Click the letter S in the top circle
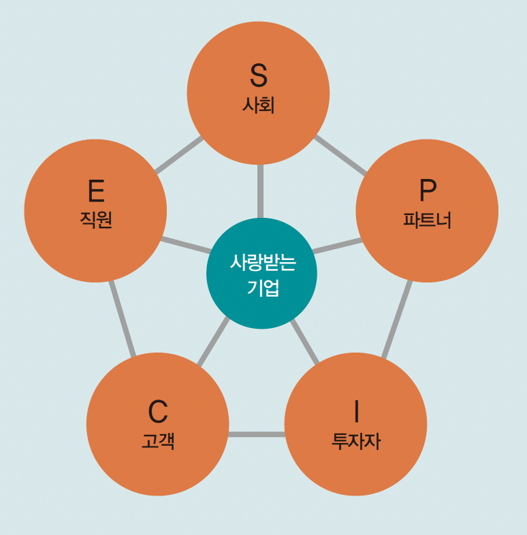click(x=258, y=76)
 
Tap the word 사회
click(x=258, y=106)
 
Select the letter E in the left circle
click(x=96, y=191)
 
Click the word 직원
click(x=95, y=221)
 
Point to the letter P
click(x=428, y=191)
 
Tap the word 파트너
click(x=427, y=221)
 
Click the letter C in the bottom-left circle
click(x=158, y=412)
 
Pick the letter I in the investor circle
click(x=355, y=412)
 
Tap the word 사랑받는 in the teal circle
click(x=262, y=262)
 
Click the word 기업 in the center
click(x=262, y=287)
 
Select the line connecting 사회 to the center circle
click(x=259, y=191)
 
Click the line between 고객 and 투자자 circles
click(x=256, y=434)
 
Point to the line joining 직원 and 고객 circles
click(x=123, y=319)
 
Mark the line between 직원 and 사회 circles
click(x=178, y=155)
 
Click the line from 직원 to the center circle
click(x=186, y=245)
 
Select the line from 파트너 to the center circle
click(x=336, y=246)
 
